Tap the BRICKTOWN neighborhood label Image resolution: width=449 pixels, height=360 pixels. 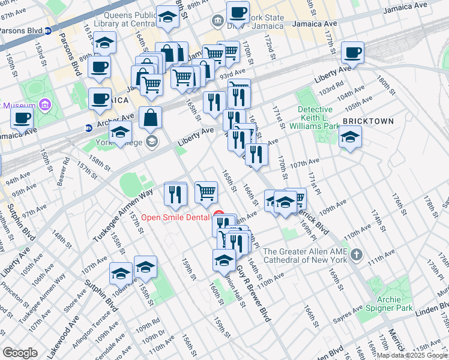(x=368, y=121)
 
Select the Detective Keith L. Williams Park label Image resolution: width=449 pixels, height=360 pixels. (x=315, y=118)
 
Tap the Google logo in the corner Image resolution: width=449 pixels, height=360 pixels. (x=20, y=352)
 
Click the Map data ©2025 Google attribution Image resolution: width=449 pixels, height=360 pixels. (x=412, y=355)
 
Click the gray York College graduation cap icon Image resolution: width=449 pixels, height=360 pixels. (x=152, y=141)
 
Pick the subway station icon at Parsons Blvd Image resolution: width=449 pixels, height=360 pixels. (x=47, y=30)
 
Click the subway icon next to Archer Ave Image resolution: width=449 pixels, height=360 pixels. (x=88, y=127)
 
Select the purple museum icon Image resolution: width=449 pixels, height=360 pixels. (x=43, y=106)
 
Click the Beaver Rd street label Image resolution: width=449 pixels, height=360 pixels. (x=64, y=170)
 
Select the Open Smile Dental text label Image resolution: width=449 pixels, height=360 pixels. (x=176, y=217)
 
